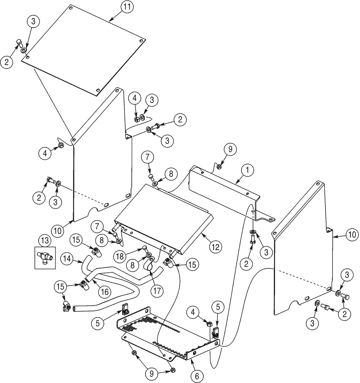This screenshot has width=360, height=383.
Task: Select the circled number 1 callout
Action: coord(247,169)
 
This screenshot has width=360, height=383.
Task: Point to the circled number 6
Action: coord(197,376)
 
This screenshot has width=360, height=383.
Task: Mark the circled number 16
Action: coord(105,292)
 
